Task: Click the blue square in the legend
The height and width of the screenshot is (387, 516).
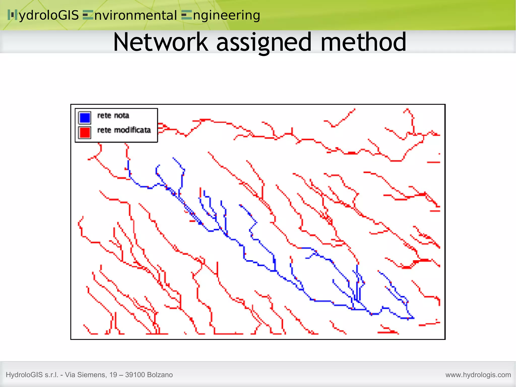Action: pyautogui.click(x=85, y=117)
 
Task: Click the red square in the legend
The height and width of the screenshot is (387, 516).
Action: pyautogui.click(x=85, y=132)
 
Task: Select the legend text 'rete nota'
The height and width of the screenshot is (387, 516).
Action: pyautogui.click(x=113, y=115)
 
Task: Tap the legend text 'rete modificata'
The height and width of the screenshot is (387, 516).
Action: pyautogui.click(x=124, y=130)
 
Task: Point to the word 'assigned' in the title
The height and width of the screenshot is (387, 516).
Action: pyautogui.click(x=264, y=42)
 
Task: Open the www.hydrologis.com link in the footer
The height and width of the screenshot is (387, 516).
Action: pyautogui.click(x=478, y=375)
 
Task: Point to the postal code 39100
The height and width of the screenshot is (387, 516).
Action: pyautogui.click(x=135, y=375)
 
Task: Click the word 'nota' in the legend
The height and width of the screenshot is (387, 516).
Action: pyautogui.click(x=121, y=115)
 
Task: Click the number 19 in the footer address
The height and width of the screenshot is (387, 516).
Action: pyautogui.click(x=113, y=375)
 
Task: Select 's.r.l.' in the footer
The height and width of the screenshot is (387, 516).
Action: pyautogui.click(x=51, y=375)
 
